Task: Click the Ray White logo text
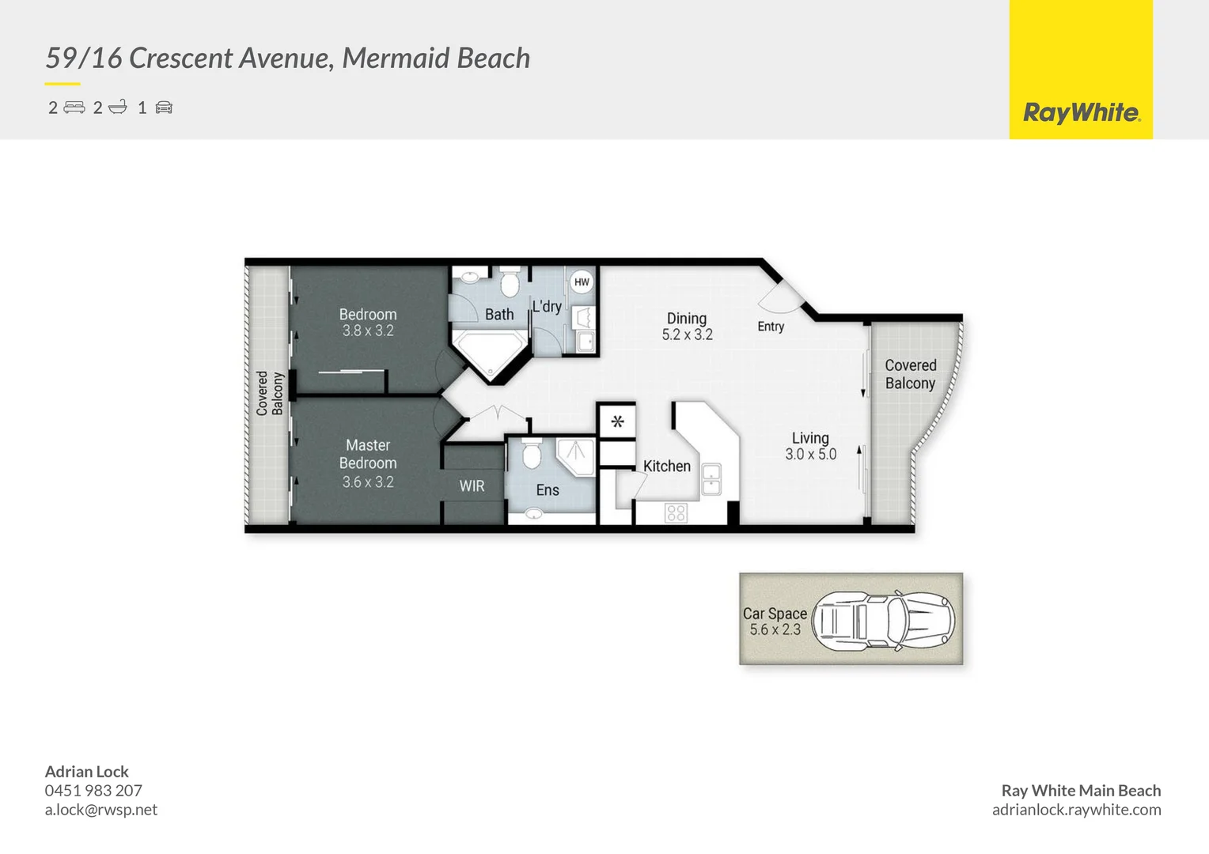pyautogui.click(x=1081, y=113)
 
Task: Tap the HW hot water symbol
pyautogui.click(x=582, y=282)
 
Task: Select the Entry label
pyautogui.click(x=771, y=327)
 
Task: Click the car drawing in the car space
pyautogui.click(x=883, y=621)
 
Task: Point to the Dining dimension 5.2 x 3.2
pyautogui.click(x=687, y=335)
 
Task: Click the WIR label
pyautogui.click(x=472, y=486)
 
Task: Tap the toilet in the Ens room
pyautogui.click(x=531, y=455)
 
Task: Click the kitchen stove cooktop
pyautogui.click(x=676, y=513)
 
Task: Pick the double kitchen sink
pyautogui.click(x=711, y=479)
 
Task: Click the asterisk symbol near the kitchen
pyautogui.click(x=617, y=421)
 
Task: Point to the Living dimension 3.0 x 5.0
pyautogui.click(x=810, y=455)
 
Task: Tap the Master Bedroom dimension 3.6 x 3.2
pyautogui.click(x=368, y=482)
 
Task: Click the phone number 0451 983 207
pyautogui.click(x=93, y=791)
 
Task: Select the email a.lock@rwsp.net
pyautogui.click(x=101, y=810)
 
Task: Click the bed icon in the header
pyautogui.click(x=74, y=108)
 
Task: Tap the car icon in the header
pyautogui.click(x=164, y=108)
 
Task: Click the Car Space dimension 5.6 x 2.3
pyautogui.click(x=775, y=630)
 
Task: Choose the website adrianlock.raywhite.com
pyautogui.click(x=1076, y=810)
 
